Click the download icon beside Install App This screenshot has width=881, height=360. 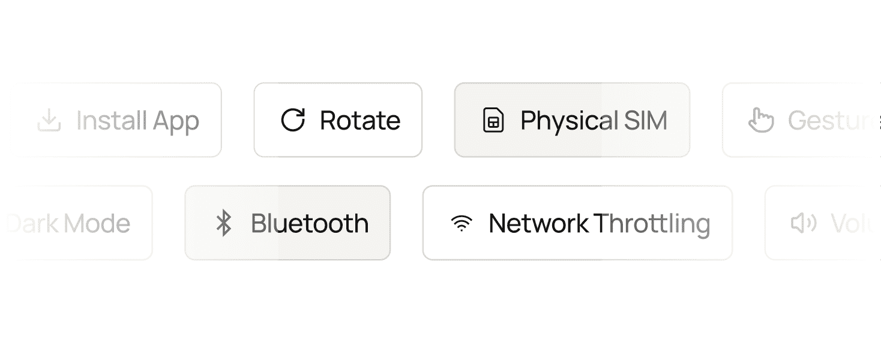pos(49,121)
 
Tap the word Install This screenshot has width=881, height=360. pos(112,121)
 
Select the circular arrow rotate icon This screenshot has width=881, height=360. pos(293,120)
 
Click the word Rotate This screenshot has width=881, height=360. pos(360,121)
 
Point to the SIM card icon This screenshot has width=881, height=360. pos(493,120)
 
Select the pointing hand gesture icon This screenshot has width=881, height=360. pos(761,120)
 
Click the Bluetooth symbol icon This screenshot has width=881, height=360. pos(224,223)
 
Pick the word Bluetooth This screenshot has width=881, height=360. pos(310,223)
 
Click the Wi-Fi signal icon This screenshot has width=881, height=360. pos(461,223)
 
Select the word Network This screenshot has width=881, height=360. pos(538,223)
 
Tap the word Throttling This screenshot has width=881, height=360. pos(652,224)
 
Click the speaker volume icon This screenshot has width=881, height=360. pos(804,223)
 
